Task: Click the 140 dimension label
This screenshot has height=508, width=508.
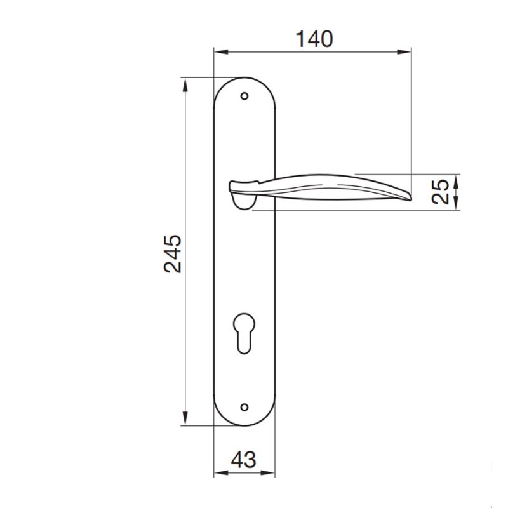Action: tap(314, 39)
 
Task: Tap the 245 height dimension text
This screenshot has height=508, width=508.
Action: tap(173, 253)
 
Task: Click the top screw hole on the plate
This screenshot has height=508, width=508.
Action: tap(244, 97)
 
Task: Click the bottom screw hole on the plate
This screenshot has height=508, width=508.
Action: tap(244, 406)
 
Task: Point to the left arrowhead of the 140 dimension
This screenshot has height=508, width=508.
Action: tap(217, 51)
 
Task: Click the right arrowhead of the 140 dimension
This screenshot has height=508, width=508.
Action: tap(407, 51)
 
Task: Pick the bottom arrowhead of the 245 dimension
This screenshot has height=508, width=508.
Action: tap(185, 422)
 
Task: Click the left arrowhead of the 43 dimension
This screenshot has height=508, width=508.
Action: tap(217, 473)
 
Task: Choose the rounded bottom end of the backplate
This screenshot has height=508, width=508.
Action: tap(244, 425)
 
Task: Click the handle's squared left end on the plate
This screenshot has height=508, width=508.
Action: tap(232, 186)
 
